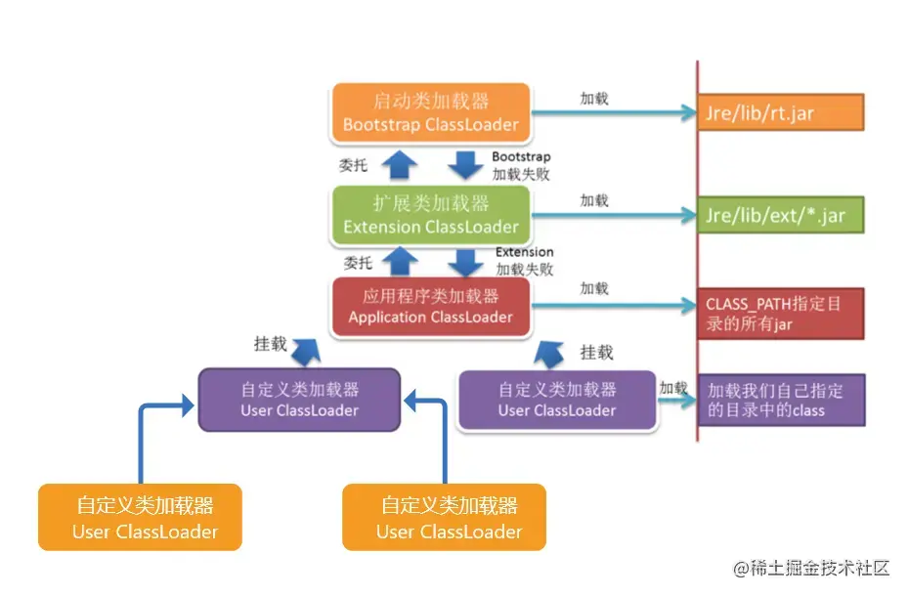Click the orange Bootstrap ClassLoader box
coord(430,112)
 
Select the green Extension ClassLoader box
coord(430,215)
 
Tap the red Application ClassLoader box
coord(430,307)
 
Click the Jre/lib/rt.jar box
coord(780,112)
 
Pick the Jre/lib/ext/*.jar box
coord(780,215)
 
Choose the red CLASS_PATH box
coord(780,314)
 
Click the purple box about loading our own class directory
coord(780,400)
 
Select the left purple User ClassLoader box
coord(299,400)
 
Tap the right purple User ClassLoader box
coord(556,400)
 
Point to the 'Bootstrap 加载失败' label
coord(521,165)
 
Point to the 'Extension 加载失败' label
coord(524,261)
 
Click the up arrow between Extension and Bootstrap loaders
coord(397,164)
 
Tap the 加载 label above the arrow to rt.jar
coord(593,99)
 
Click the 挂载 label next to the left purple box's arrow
coord(271,344)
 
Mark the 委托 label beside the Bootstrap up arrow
coord(353,166)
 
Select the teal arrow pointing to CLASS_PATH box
coord(611,307)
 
